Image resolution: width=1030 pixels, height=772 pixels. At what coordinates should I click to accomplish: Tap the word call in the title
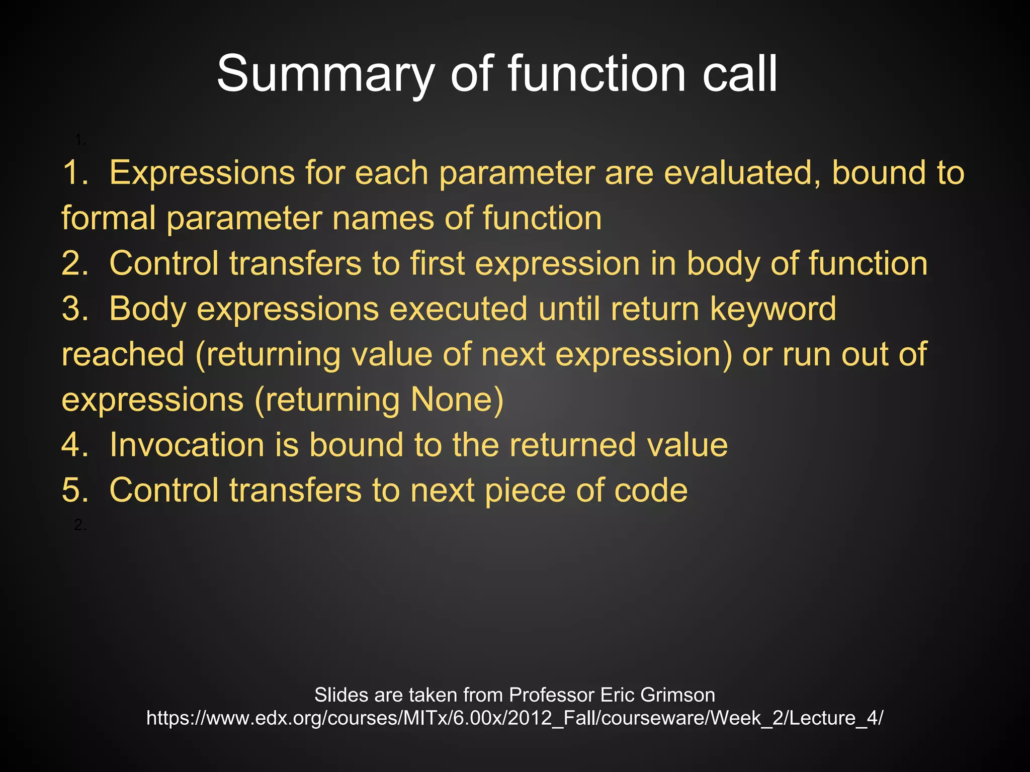pos(740,74)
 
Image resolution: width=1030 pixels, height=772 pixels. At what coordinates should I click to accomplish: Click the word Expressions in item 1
pos(201,173)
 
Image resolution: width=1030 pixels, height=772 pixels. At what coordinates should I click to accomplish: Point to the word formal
pos(109,218)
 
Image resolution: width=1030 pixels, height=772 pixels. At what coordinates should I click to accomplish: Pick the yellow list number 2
pos(74,263)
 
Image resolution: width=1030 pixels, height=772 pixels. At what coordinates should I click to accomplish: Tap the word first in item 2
pos(437,263)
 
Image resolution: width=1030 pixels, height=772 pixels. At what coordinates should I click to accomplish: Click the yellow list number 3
pos(74,309)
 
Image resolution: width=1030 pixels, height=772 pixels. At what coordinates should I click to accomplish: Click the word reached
pos(123,354)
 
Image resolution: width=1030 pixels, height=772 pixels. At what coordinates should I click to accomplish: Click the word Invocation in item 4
pos(187,445)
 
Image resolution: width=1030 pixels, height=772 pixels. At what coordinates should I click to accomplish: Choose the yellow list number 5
pos(74,490)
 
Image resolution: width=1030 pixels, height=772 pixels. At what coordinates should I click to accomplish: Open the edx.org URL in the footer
pos(514,718)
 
